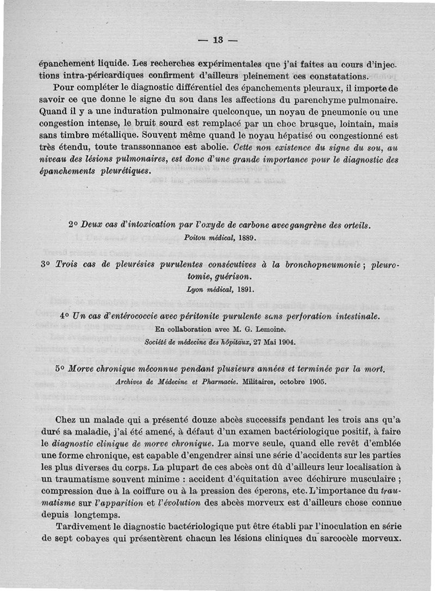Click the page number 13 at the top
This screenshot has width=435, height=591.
219,40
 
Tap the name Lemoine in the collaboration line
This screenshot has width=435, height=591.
265,328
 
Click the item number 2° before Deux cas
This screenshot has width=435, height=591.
74,225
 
